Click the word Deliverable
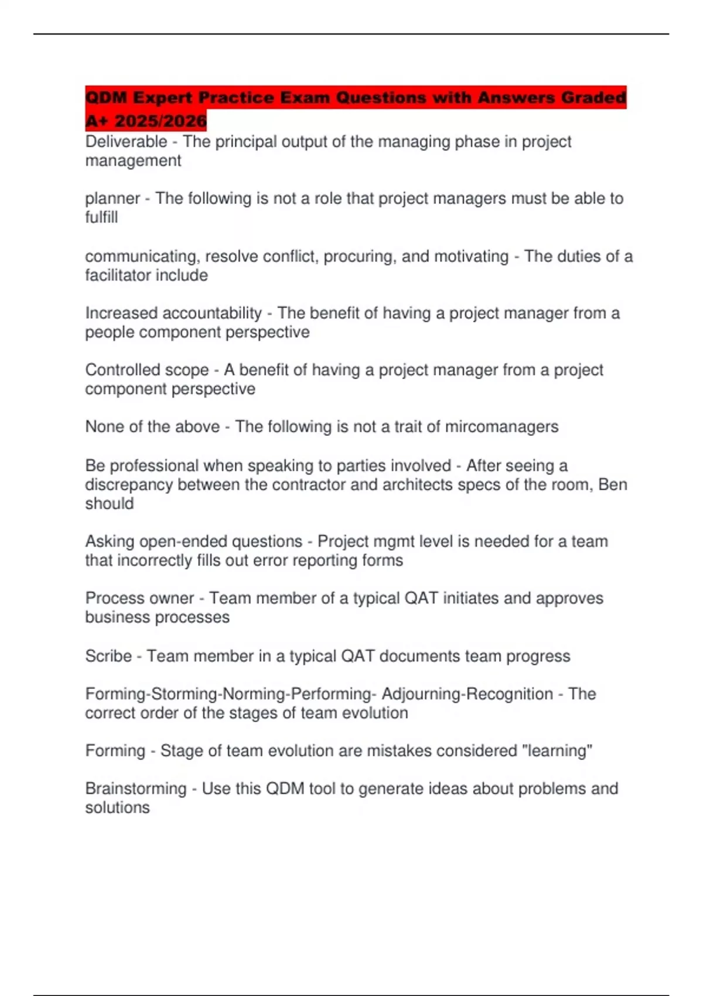pyautogui.click(x=126, y=142)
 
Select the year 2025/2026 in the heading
pyautogui.click(x=161, y=121)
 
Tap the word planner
pyautogui.click(x=112, y=199)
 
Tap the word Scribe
pyautogui.click(x=108, y=656)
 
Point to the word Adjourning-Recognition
pyautogui.click(x=467, y=694)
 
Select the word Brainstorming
pyautogui.click(x=135, y=789)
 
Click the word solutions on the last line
pyautogui.click(x=117, y=808)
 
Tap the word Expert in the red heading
pyautogui.click(x=163, y=97)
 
